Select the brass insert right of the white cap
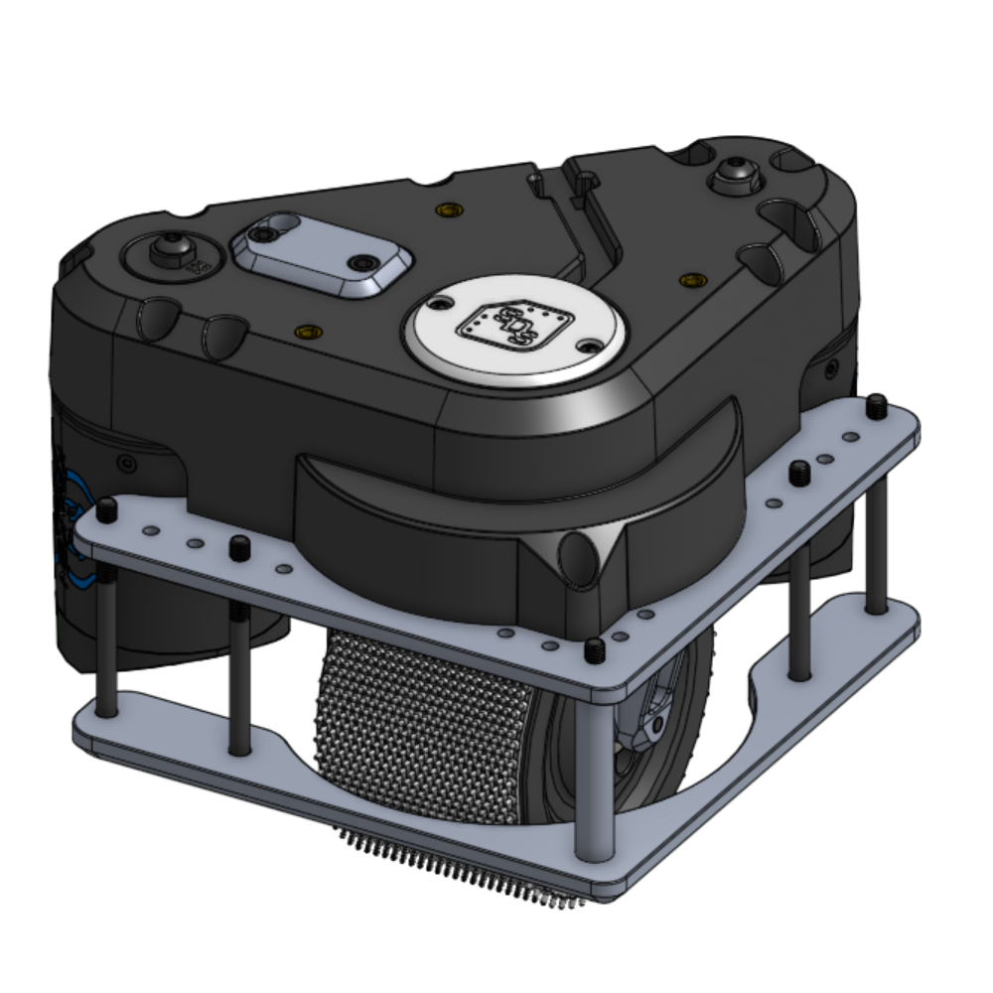click(x=686, y=282)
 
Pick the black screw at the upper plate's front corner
click(x=594, y=650)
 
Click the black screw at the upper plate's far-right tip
click(x=877, y=405)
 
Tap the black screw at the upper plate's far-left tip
click(x=105, y=510)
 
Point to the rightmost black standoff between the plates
click(x=876, y=536)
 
